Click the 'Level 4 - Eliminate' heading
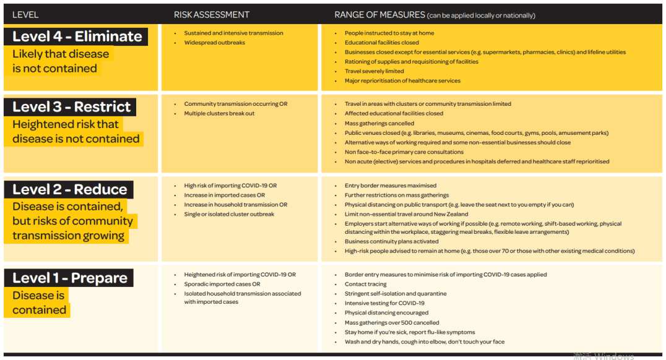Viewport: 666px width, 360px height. click(77, 36)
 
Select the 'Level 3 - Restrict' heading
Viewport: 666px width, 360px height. click(72, 107)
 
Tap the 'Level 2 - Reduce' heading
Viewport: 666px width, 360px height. click(70, 190)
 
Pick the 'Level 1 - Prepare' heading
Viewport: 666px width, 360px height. click(70, 278)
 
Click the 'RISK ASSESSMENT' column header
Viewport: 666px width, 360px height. click(212, 15)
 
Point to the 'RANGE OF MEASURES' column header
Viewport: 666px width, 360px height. click(379, 15)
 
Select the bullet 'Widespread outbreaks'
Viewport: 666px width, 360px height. click(214, 43)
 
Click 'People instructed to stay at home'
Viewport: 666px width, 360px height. click(389, 33)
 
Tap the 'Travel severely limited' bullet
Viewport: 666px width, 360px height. click(374, 71)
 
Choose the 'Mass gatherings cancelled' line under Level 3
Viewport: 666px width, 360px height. click(379, 124)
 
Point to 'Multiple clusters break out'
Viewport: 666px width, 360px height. click(219, 114)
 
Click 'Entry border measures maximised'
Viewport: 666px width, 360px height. click(391, 186)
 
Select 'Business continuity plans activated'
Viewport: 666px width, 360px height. click(391, 242)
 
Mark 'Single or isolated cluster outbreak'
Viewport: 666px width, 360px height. click(229, 214)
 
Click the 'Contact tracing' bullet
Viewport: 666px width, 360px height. click(365, 285)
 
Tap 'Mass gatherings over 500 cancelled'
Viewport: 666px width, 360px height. click(392, 322)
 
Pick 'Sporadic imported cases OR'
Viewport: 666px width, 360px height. click(222, 285)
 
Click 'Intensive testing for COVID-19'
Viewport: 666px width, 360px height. click(384, 303)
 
